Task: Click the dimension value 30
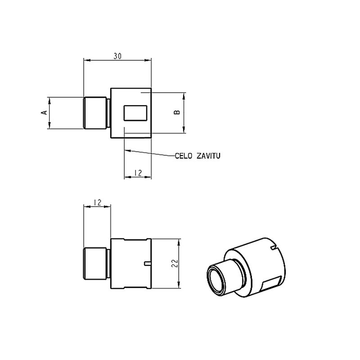pyautogui.click(x=117, y=56)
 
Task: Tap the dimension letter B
pyautogui.click(x=177, y=112)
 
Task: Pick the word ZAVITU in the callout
pyautogui.click(x=208, y=156)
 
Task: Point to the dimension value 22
pyautogui.click(x=175, y=263)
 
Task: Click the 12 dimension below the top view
pyautogui.click(x=138, y=173)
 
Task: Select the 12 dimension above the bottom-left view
pyautogui.click(x=97, y=202)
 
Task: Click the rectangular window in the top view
pyautogui.click(x=135, y=113)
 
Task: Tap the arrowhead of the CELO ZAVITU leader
pyautogui.click(x=128, y=151)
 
